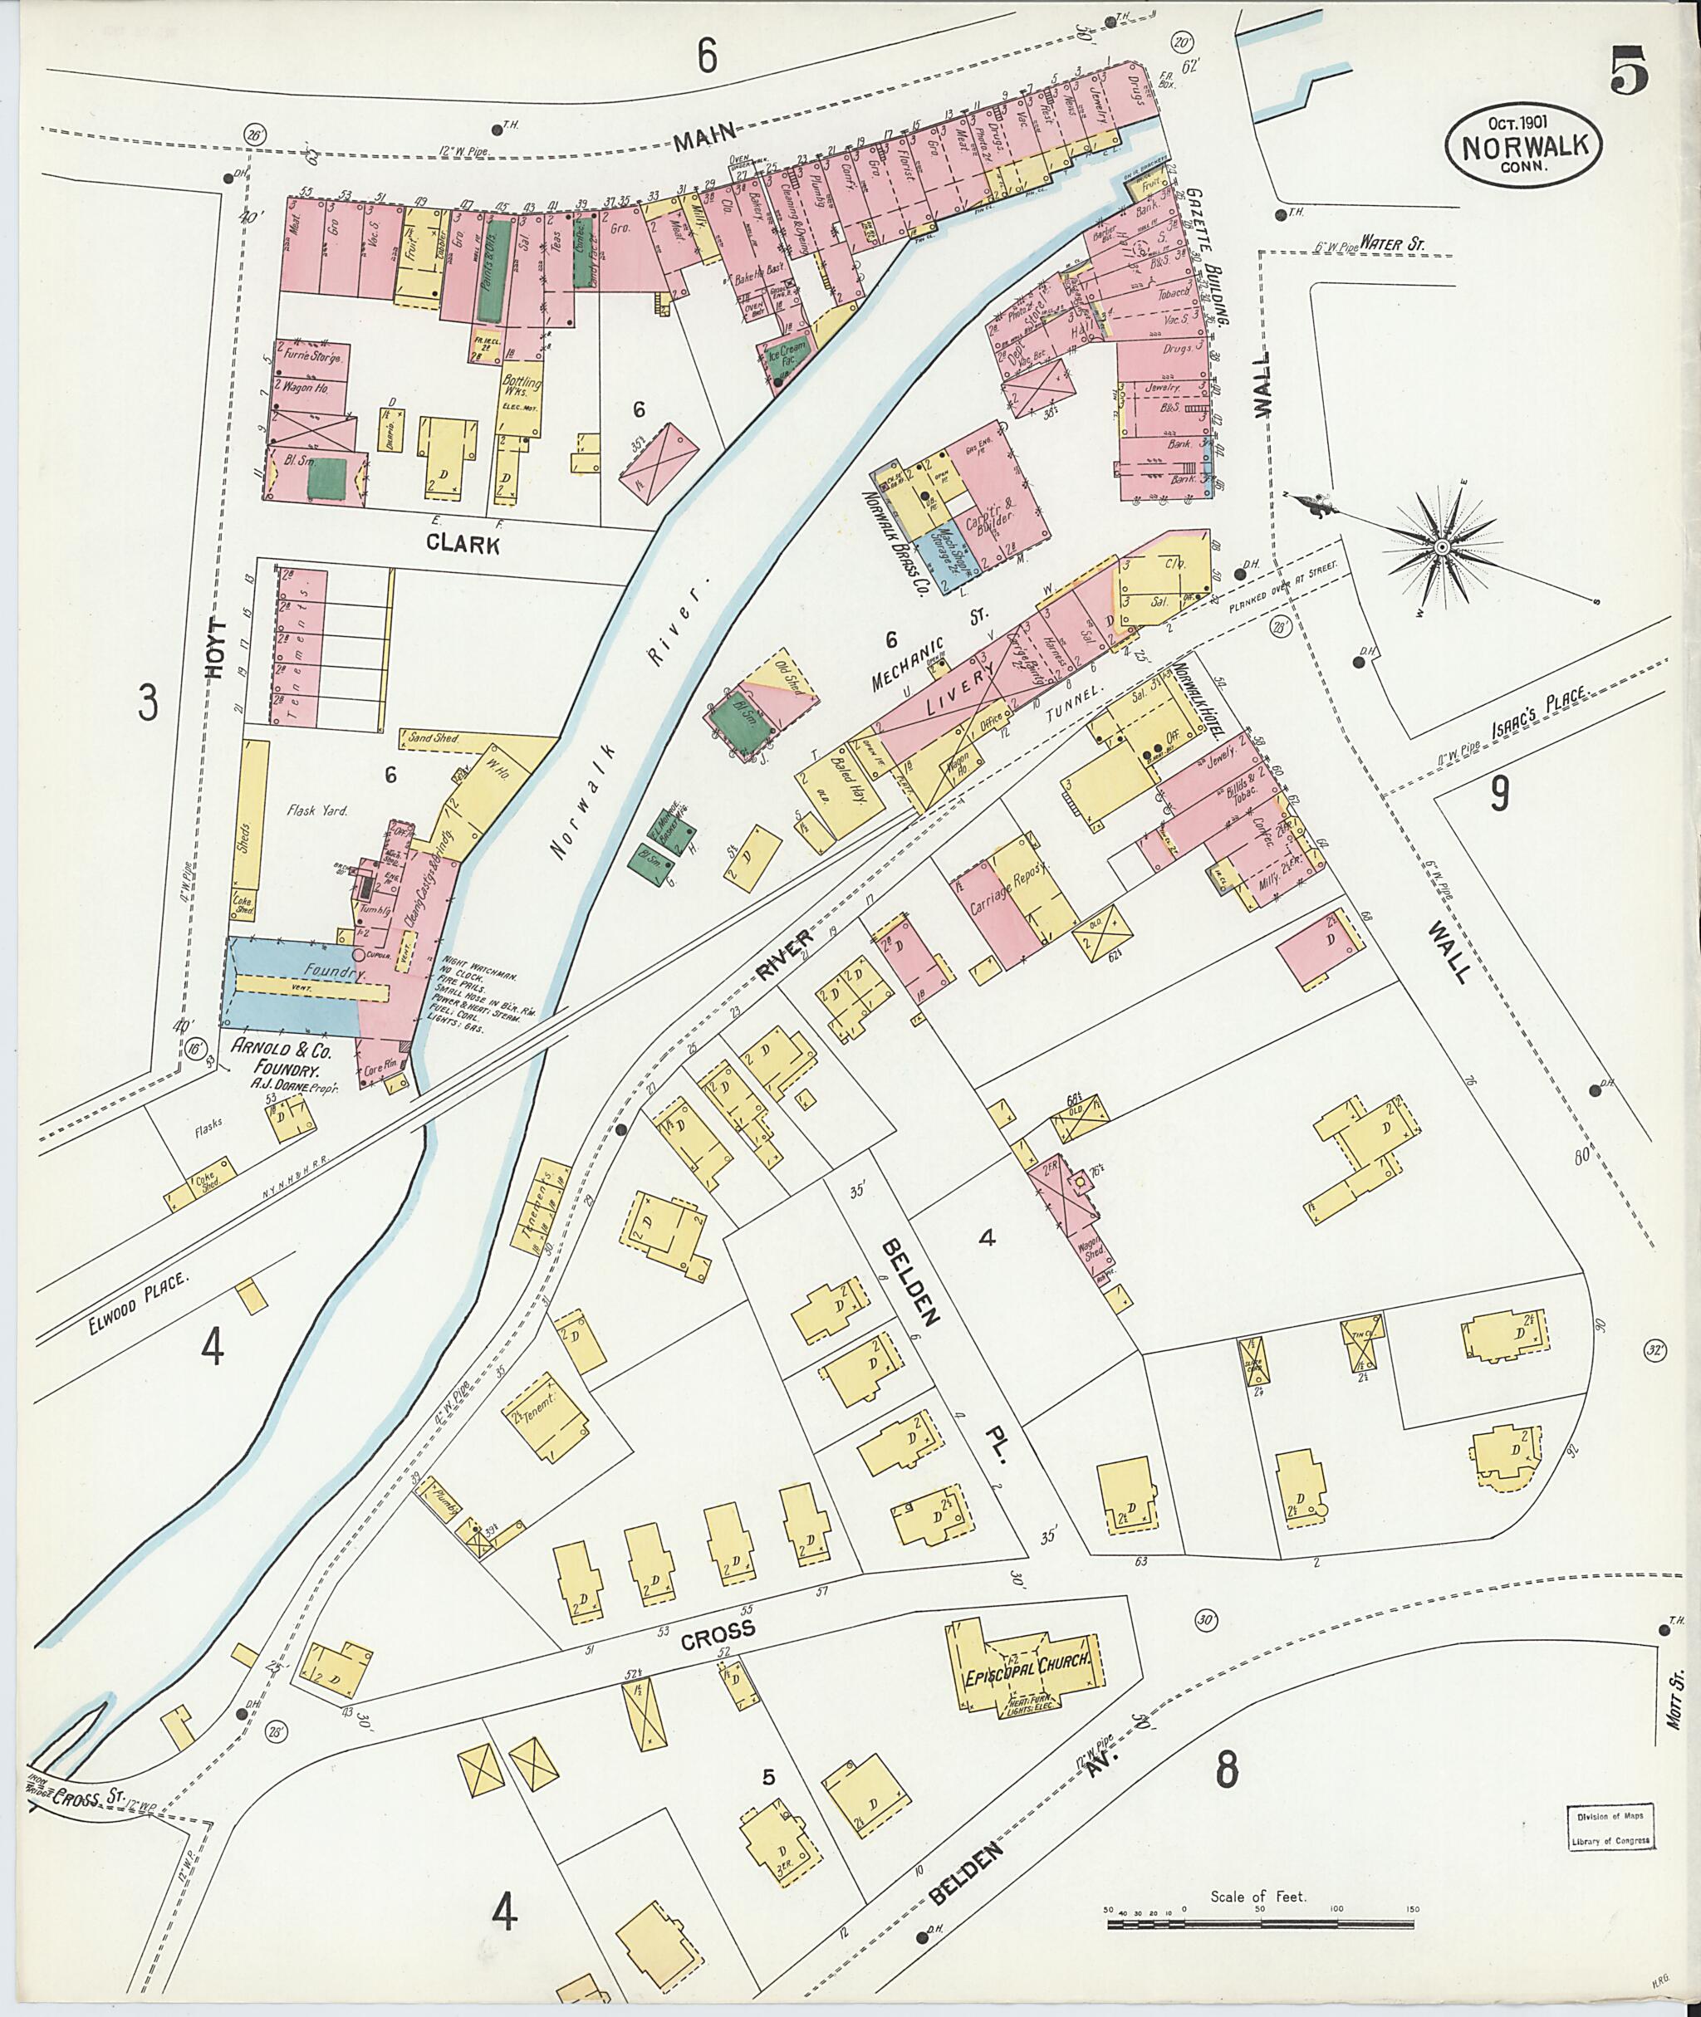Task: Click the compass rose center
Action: pos(1442,546)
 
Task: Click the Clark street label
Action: pos(463,545)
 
